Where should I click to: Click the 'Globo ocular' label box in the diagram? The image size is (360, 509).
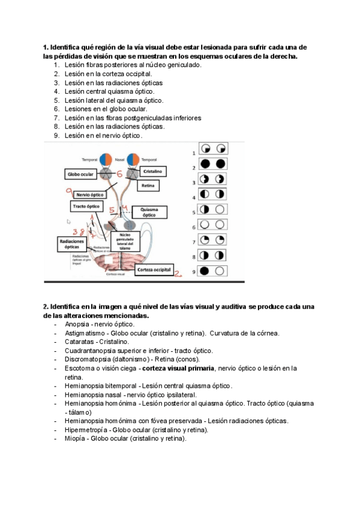[80, 174]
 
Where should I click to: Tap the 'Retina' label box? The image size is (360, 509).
[148, 186]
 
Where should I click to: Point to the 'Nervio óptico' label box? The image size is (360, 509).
[89, 195]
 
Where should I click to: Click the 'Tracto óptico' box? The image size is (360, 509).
[86, 206]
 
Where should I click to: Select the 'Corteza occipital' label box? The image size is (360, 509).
[155, 270]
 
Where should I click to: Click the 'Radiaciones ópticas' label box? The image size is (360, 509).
[70, 243]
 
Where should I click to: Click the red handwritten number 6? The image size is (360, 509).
[119, 174]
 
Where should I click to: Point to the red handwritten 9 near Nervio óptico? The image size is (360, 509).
[70, 193]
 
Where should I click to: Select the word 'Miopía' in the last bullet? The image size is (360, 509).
[76, 438]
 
